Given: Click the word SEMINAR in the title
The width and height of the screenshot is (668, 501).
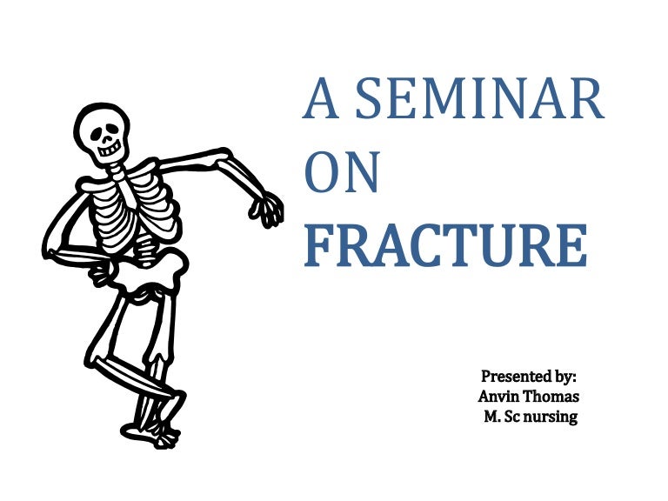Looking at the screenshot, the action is [x=479, y=98].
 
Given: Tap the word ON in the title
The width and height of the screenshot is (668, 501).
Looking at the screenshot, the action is [x=342, y=172].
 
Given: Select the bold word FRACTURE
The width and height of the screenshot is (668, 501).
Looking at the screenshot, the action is [x=445, y=245].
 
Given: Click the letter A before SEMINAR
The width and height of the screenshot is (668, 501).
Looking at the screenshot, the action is [x=321, y=98].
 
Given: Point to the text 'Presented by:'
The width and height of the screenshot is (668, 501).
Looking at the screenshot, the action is [x=528, y=377].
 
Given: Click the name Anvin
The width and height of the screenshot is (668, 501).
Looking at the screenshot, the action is [x=497, y=397].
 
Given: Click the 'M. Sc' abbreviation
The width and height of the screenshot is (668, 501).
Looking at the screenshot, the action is [x=502, y=417].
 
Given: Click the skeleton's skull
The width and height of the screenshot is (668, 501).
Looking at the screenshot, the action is [x=103, y=133].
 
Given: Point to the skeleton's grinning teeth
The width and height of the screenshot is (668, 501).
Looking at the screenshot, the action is [x=110, y=150].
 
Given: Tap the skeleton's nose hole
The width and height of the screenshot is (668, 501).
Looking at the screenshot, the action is [x=107, y=138].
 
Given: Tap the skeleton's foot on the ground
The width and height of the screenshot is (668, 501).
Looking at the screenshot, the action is [x=150, y=436].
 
